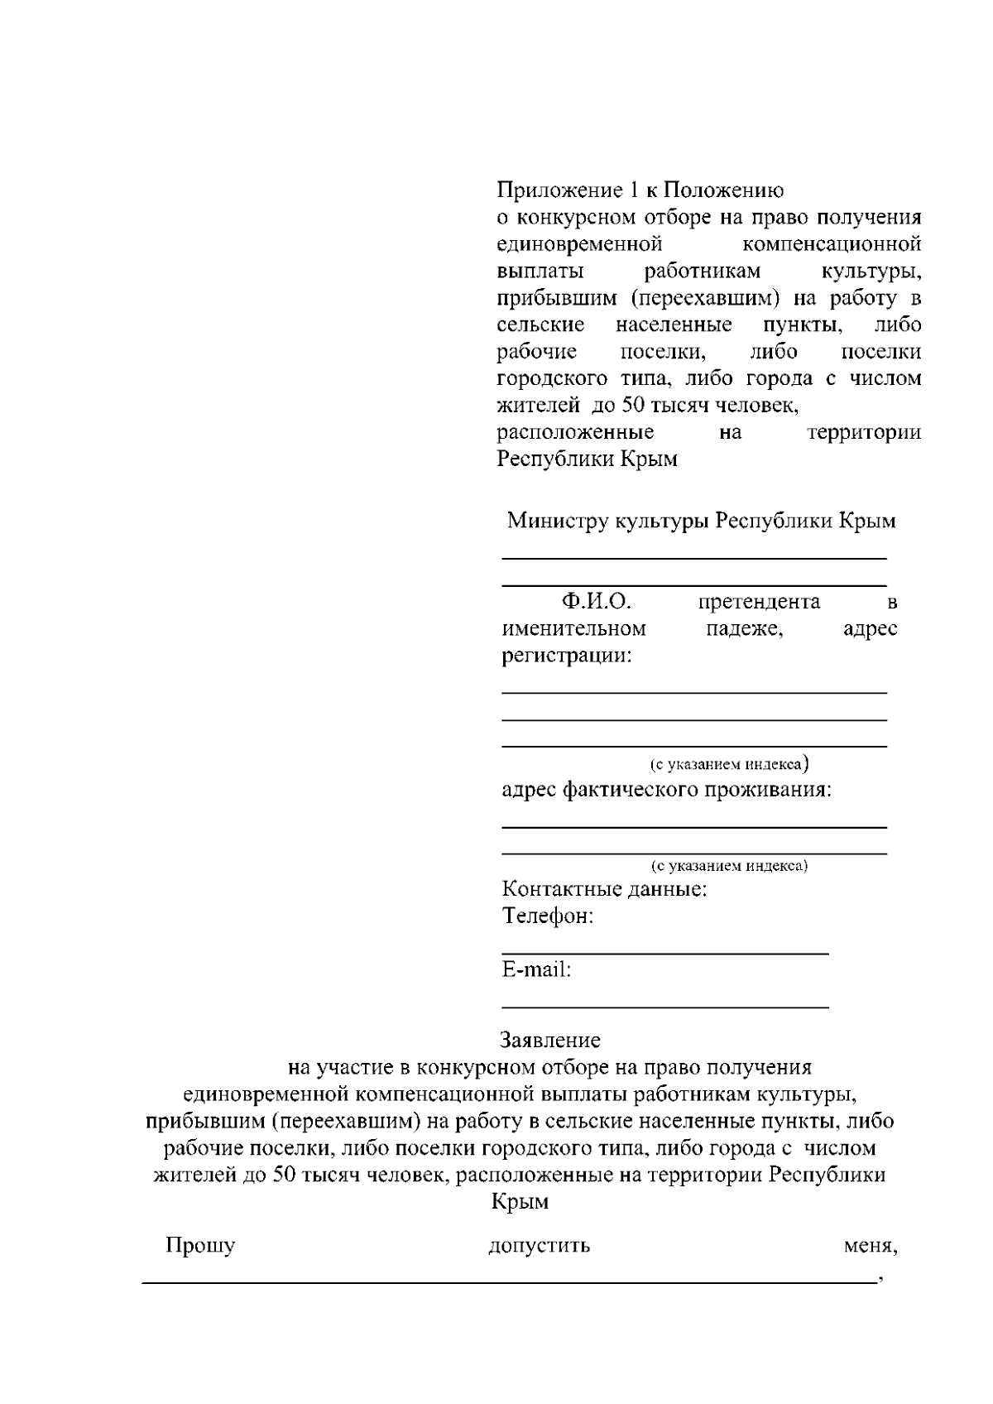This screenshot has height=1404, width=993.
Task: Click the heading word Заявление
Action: pos(550,1040)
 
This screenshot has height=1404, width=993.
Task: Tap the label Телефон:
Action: pos(548,917)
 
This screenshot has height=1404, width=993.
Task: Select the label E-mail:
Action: pos(536,969)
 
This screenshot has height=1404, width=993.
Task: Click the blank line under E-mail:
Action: pos(665,1007)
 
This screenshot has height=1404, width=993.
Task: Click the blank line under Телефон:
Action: pos(665,954)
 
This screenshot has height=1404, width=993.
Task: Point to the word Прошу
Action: pos(200,1246)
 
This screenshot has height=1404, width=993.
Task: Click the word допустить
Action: pos(539,1246)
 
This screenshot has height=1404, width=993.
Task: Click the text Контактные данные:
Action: pos(604,891)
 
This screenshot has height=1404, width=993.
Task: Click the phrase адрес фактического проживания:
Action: pos(666,790)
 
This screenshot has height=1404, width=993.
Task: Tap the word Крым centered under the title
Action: pos(520,1201)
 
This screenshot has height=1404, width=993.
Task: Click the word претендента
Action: pos(759,602)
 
